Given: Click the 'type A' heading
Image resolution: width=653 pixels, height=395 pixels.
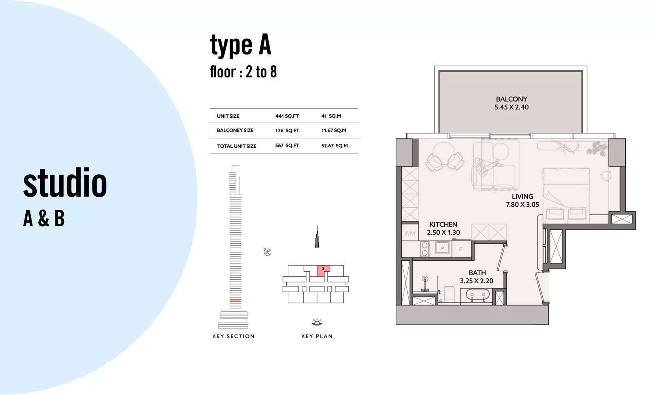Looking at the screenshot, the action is click(x=240, y=45).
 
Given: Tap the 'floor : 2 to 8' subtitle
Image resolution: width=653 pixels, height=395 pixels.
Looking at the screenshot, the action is click(x=243, y=72).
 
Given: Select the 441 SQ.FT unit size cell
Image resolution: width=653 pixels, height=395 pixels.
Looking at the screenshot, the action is click(x=287, y=116).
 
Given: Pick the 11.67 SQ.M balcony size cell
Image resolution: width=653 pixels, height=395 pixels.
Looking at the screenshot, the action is click(x=334, y=130).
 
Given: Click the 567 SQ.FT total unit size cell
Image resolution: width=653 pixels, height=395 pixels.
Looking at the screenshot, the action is click(x=287, y=145).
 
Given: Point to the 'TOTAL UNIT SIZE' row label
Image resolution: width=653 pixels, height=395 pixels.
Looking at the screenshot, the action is click(x=236, y=146).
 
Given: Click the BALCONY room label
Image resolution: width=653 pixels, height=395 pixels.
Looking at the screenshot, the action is click(x=511, y=99).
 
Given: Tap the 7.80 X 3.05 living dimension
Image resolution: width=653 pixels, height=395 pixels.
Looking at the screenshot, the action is click(x=523, y=205).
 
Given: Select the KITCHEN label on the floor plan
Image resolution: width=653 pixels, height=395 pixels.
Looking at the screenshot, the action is click(x=443, y=224).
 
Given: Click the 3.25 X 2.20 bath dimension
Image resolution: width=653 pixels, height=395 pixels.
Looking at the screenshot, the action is click(x=477, y=281).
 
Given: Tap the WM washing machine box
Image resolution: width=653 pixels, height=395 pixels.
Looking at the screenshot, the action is click(x=410, y=233).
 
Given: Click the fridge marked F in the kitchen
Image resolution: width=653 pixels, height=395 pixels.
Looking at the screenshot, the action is click(x=461, y=249).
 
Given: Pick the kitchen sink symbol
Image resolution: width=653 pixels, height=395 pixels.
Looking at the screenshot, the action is click(x=442, y=248).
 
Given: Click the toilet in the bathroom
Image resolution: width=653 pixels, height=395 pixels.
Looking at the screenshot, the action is click(x=449, y=293).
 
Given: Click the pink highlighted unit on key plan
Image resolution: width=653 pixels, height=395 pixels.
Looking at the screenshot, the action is click(x=323, y=270).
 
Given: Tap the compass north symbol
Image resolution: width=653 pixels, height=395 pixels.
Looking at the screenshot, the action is click(x=267, y=252).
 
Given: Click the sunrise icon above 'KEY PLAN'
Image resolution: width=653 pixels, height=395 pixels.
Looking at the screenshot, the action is click(x=317, y=322).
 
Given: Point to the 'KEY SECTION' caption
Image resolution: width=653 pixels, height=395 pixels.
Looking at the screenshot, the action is click(x=234, y=336).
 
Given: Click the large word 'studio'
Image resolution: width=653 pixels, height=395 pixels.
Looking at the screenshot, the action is click(x=65, y=182).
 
